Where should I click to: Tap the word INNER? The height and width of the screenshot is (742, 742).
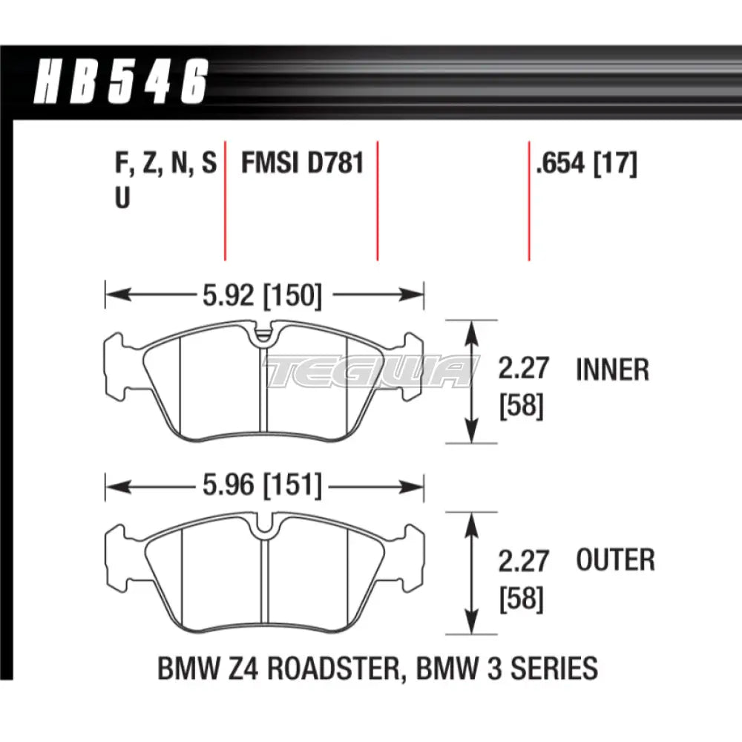(612, 370)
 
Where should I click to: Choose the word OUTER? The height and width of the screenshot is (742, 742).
(615, 560)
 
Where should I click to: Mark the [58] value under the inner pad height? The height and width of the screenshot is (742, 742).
(522, 406)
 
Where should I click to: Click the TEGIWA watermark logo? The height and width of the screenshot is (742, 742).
(371, 371)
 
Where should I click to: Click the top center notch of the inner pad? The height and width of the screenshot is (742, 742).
(263, 335)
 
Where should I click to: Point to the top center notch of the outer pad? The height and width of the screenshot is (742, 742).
(263, 527)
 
